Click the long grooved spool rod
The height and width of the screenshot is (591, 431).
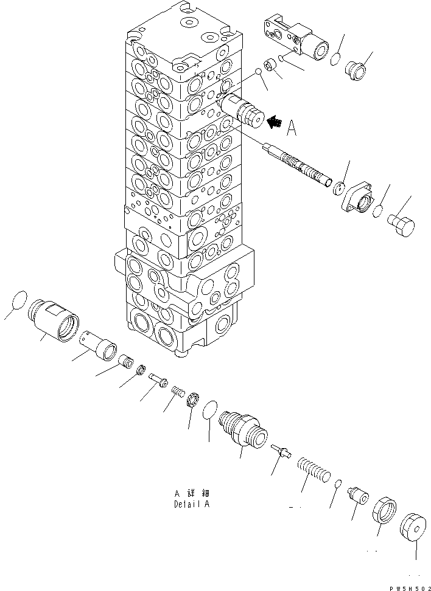point(298,166)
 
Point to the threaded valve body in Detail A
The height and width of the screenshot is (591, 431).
point(243,429)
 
